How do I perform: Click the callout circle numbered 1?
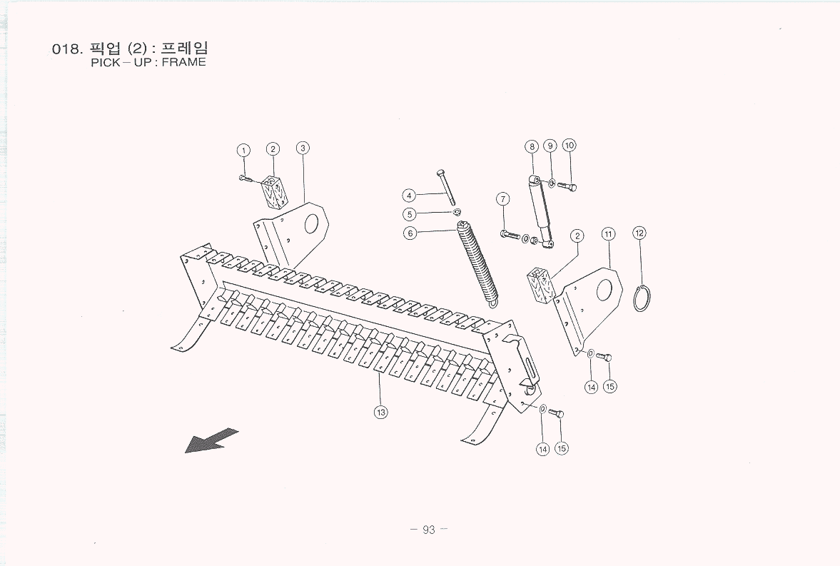coord(244,150)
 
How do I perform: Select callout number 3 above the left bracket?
coord(303,148)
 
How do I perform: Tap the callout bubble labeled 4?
coord(409,195)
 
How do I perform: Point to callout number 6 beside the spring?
coord(410,233)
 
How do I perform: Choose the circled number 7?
coord(503,198)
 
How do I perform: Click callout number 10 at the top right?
coord(569,146)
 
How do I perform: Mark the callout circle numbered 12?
coord(639,233)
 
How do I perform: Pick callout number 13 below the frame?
coord(381,412)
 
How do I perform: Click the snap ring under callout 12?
coord(642,298)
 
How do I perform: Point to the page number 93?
coord(428,530)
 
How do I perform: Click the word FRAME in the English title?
coord(183,62)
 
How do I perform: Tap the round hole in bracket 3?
coord(313,223)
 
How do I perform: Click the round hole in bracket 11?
coord(604,288)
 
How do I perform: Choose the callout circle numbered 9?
coord(550,146)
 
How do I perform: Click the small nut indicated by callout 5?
coord(457,212)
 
